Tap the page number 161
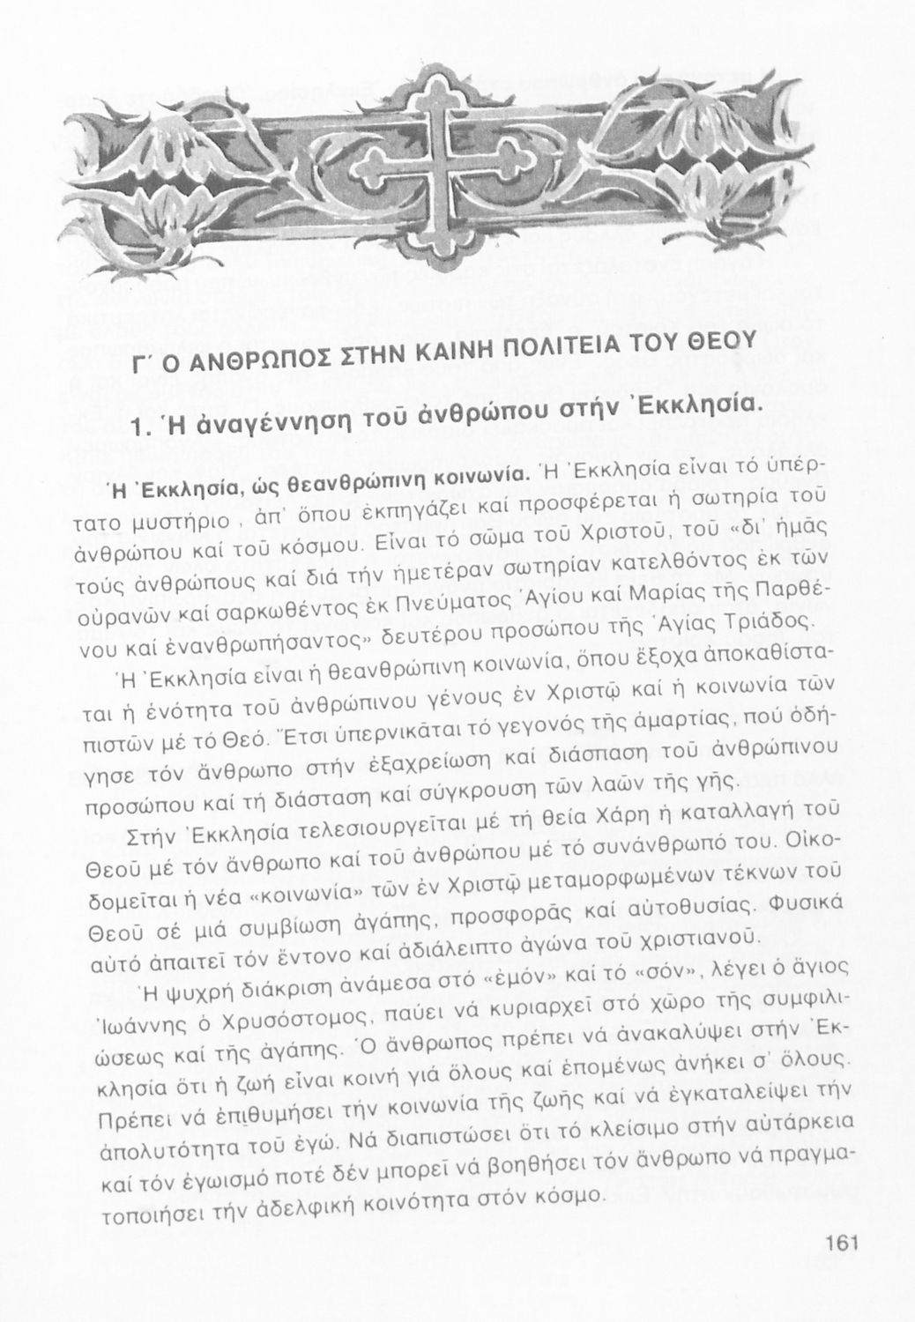pos(843,1244)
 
